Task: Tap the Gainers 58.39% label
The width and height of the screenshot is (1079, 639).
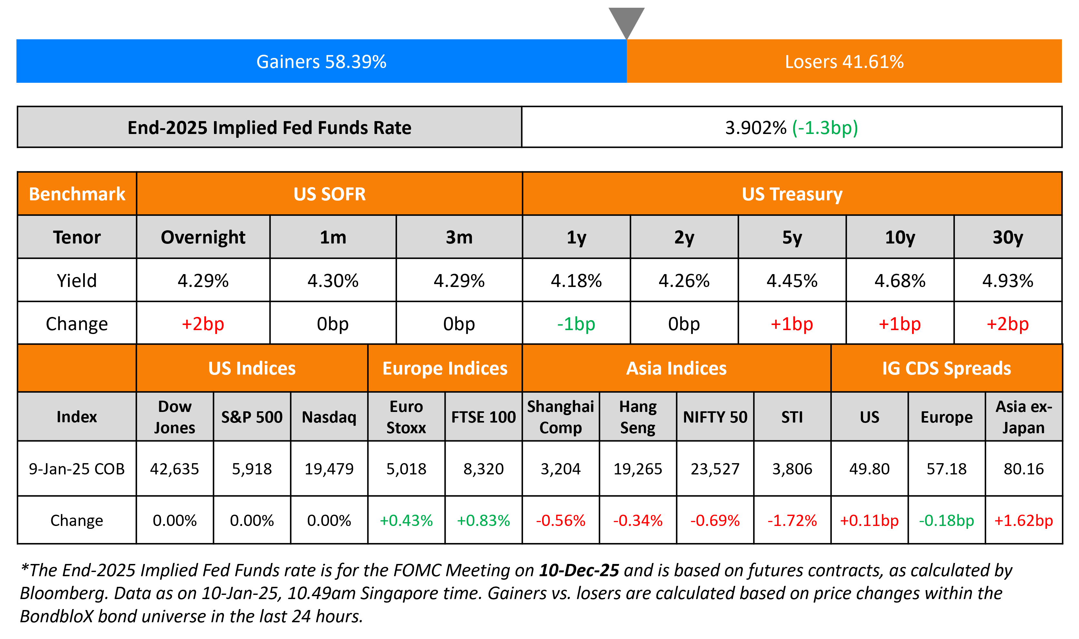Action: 321,62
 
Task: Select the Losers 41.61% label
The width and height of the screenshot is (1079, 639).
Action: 844,62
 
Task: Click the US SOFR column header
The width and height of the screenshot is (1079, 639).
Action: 329,194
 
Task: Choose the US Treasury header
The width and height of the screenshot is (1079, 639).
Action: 792,194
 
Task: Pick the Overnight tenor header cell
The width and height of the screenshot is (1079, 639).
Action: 203,237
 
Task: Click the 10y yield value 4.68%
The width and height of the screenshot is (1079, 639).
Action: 900,281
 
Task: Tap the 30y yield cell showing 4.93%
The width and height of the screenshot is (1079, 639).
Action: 1007,281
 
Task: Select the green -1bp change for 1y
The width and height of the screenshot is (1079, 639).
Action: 576,324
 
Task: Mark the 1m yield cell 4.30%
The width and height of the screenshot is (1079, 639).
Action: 333,281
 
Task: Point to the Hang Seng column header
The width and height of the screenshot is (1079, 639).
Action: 637,417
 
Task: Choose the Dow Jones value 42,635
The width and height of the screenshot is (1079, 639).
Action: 174,469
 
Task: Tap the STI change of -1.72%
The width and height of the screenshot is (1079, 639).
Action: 792,520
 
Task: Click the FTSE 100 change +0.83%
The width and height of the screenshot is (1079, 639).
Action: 483,520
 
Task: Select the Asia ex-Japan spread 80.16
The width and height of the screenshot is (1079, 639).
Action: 1024,469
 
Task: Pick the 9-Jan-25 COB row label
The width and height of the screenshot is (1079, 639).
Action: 77,469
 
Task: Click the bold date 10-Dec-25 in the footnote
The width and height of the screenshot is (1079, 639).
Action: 579,570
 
